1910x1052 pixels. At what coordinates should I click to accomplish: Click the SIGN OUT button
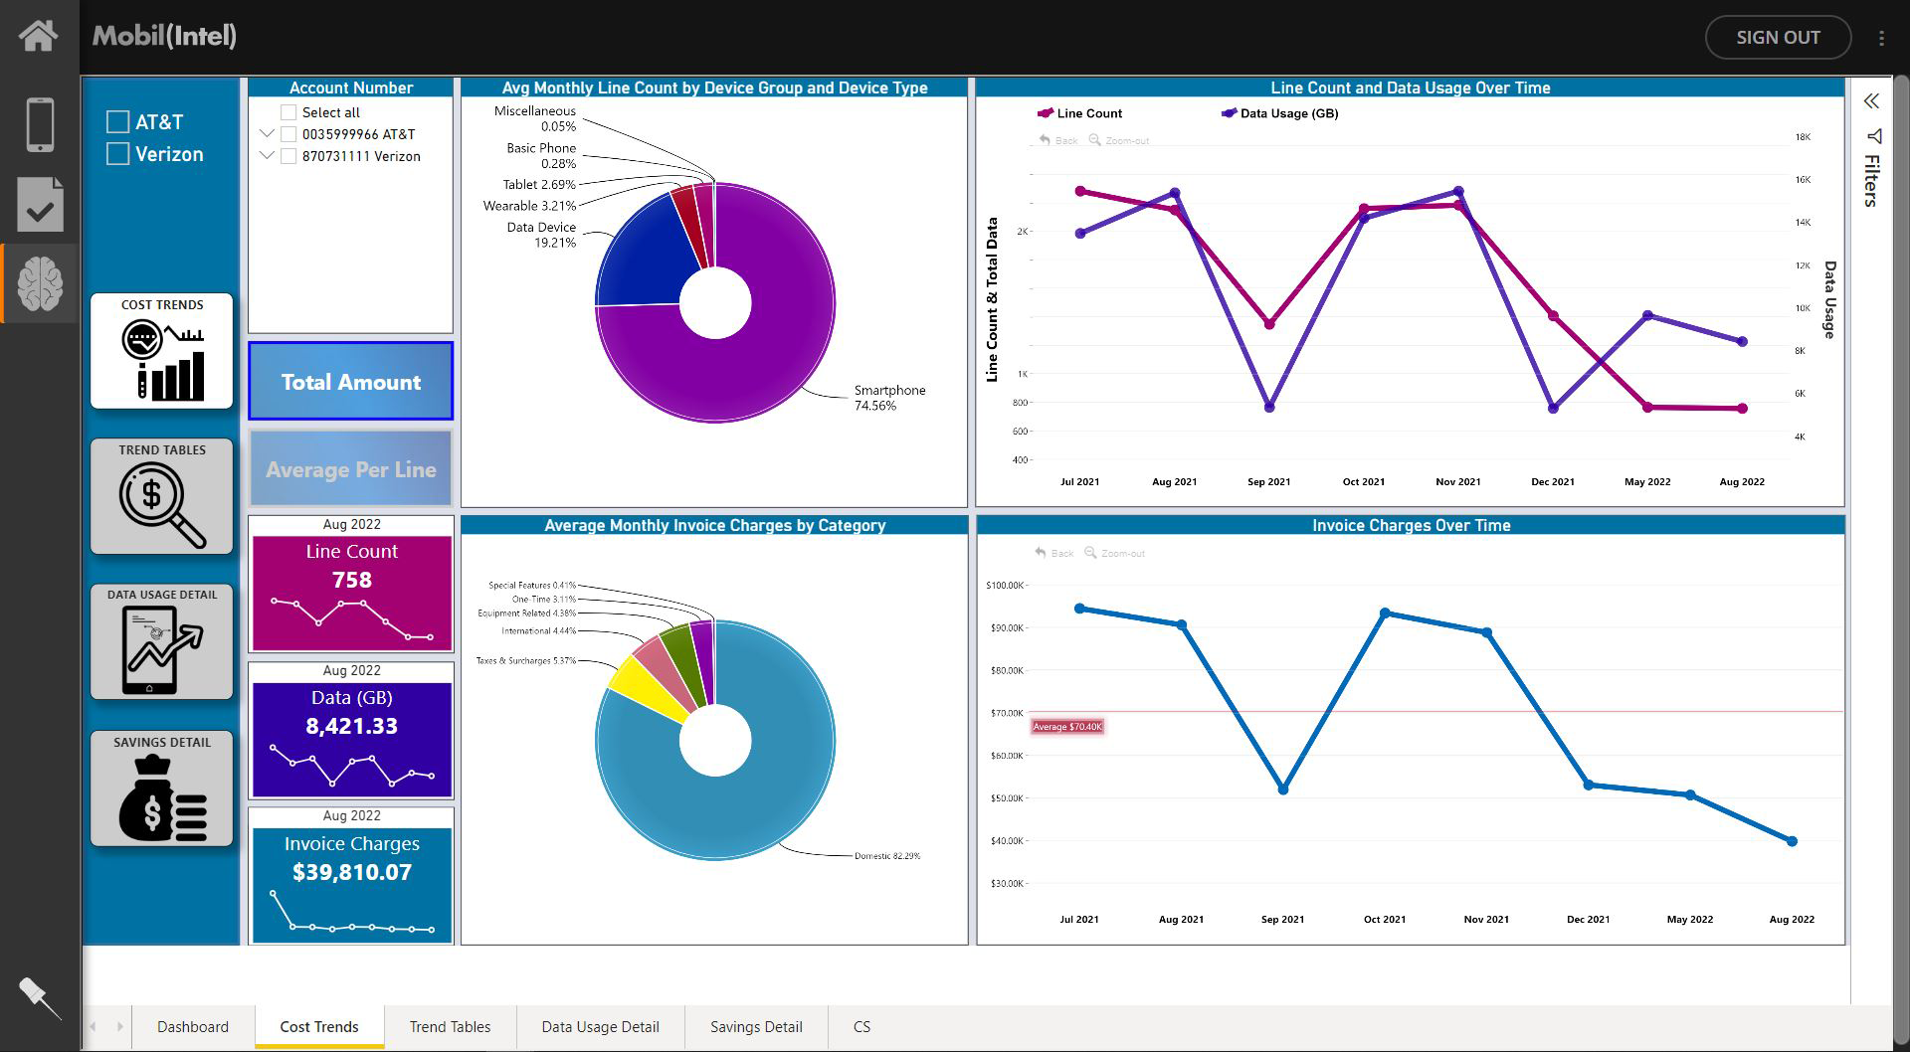click(1777, 38)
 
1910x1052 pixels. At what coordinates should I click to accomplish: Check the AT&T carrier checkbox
click(118, 122)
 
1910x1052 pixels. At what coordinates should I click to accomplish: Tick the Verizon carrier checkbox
click(118, 154)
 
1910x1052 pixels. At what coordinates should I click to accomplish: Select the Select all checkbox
click(288, 112)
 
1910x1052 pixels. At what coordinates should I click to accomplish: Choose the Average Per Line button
click(350, 469)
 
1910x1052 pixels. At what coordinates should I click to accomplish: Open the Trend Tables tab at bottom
click(450, 1026)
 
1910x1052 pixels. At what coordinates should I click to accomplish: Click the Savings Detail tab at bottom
click(756, 1026)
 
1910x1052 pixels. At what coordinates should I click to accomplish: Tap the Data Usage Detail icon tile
click(162, 642)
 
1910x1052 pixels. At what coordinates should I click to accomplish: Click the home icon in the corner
click(39, 36)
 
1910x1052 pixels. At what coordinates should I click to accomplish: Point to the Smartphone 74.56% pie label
click(888, 398)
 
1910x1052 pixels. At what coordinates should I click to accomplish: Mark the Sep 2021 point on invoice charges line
click(1283, 789)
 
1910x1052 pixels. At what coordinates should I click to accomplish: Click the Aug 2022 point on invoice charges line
click(1792, 841)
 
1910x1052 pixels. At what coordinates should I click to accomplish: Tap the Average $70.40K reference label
click(1067, 727)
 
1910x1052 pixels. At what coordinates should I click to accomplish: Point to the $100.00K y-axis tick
click(1005, 585)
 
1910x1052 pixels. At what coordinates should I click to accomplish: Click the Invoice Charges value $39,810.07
click(351, 872)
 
